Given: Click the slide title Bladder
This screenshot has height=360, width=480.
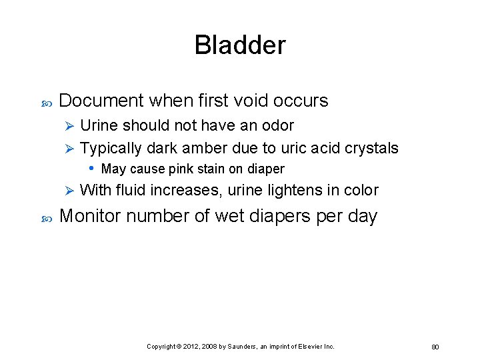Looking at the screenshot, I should click(240, 45).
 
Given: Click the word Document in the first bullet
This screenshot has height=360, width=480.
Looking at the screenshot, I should click(101, 101).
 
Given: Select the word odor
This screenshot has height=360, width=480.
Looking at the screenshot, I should click(277, 125).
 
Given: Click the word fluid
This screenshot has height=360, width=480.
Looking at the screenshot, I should click(131, 190).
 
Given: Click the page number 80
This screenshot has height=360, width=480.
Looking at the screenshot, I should click(435, 347).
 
